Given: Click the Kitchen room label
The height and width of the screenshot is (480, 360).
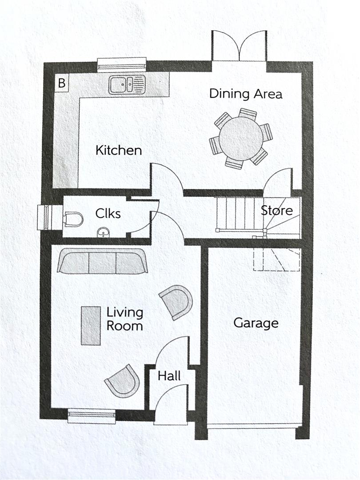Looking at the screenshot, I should coord(119,150).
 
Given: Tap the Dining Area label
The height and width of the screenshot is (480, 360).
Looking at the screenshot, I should coord(245,94).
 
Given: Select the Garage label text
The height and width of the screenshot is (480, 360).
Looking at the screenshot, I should coord(256,323).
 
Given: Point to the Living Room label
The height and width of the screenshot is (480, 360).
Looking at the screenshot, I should coord(124,319).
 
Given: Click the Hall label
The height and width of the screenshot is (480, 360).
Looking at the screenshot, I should coord(169,376).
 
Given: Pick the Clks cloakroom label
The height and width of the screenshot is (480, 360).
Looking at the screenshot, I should coord(108,213).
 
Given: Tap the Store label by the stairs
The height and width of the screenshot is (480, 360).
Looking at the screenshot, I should coord(276,210).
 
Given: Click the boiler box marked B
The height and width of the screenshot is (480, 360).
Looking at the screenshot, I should coord(62,83).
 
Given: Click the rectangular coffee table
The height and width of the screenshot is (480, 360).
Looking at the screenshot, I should coord(91,325).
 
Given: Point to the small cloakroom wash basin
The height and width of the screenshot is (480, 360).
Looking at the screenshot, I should coord(103,232).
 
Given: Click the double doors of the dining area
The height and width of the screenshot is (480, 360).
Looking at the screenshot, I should coord(239,46).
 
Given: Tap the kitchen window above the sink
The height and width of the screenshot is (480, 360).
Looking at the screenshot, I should coord(122,64).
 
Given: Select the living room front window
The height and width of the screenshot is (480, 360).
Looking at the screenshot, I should coord(92,416).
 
